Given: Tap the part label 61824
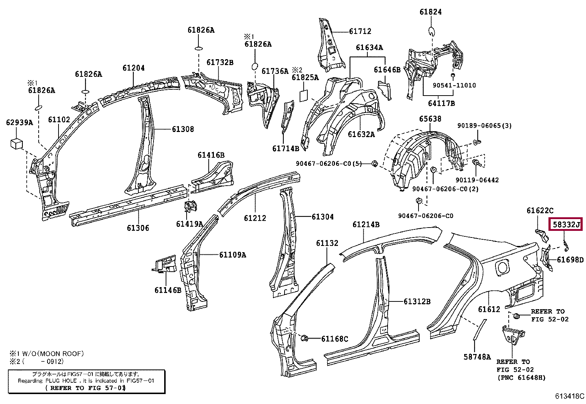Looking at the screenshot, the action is pos(431,12).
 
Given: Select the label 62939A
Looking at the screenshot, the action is pos(20,122).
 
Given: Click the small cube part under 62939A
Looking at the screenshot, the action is pos(17,144).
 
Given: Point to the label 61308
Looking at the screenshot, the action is pos(183,129).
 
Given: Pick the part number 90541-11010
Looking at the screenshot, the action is pos(454,85).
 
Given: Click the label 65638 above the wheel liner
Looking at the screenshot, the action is pos(430,119).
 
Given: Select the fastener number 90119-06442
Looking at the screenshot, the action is pos(477,180).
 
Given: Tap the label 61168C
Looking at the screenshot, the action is pos(335,339).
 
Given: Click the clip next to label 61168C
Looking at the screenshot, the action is pos(304,339).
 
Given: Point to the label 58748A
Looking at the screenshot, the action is pos(477,357).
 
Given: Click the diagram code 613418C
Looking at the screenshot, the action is pos(570,396).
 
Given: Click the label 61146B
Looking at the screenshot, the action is pos(168,290).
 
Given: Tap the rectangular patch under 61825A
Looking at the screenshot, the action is pos(304,96).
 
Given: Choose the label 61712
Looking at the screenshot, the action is pos(360,31).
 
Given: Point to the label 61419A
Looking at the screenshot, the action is pos(190,224).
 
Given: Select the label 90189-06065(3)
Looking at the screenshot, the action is pos(484,126).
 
